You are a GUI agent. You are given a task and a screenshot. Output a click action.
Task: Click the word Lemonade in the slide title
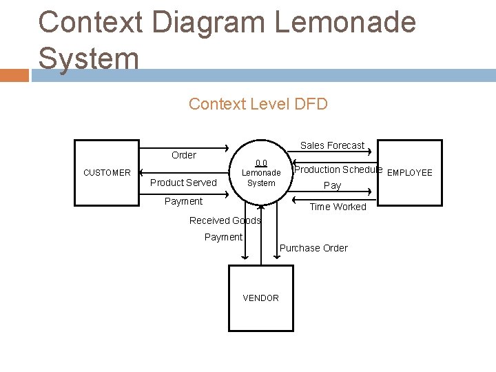click(345, 22)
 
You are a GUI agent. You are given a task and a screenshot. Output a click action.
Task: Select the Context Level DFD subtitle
click(258, 104)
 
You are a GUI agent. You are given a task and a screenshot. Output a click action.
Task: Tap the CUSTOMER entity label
click(107, 173)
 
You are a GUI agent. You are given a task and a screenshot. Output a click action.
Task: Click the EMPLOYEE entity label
click(410, 173)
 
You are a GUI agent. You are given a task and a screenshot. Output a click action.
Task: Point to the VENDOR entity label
click(260, 298)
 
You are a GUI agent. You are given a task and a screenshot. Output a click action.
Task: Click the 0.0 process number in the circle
click(261, 163)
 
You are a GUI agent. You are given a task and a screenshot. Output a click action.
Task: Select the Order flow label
click(183, 155)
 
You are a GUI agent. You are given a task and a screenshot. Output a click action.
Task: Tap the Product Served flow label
click(183, 183)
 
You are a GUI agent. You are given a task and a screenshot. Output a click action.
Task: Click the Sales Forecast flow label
click(332, 145)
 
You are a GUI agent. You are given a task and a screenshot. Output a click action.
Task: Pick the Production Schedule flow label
click(338, 169)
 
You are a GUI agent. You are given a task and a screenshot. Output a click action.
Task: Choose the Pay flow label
click(332, 185)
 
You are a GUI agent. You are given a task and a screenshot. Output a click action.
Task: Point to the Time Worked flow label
click(338, 207)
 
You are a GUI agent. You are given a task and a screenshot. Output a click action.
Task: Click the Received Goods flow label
click(225, 220)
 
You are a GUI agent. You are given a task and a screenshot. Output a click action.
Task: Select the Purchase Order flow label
click(313, 248)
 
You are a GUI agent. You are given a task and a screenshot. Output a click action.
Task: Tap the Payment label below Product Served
click(183, 201)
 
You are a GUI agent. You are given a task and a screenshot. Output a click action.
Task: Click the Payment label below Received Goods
click(223, 237)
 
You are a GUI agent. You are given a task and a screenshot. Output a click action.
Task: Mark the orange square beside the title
click(14, 75)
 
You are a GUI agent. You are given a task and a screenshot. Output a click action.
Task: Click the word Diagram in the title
click(209, 22)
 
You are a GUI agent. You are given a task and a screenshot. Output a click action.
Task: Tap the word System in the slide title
click(89, 58)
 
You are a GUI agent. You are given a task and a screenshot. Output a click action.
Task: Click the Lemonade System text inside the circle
click(261, 178)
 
